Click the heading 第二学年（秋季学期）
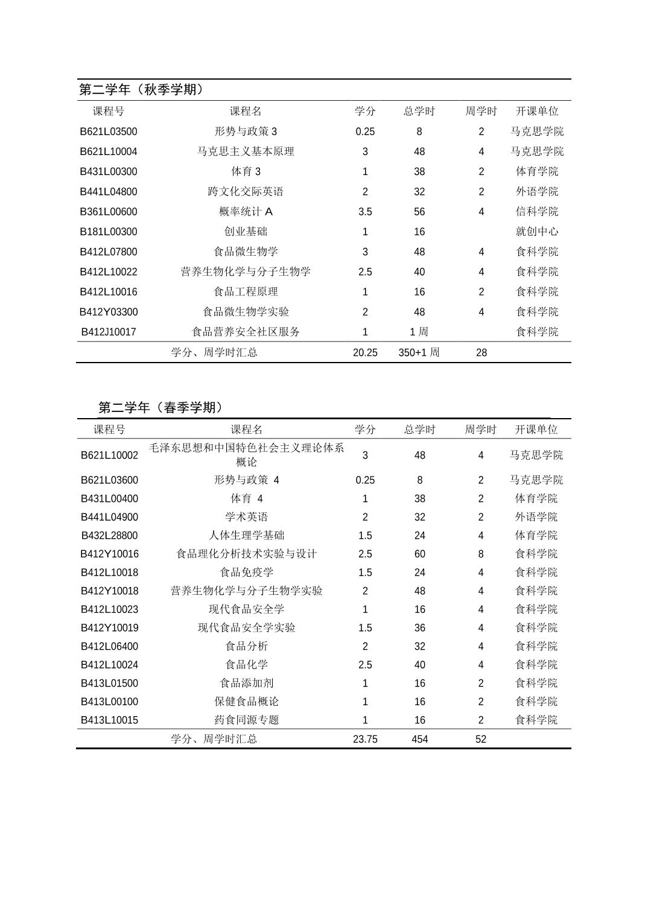click(142, 90)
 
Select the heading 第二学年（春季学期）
click(160, 408)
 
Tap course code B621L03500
click(109, 132)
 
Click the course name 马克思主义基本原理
click(246, 151)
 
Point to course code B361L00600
click(109, 212)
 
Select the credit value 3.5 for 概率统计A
click(365, 212)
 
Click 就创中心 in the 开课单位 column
click(537, 232)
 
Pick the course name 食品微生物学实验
click(246, 312)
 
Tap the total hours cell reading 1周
click(419, 332)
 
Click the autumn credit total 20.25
click(365, 353)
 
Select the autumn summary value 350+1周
click(419, 353)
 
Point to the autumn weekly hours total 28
click(481, 353)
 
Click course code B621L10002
click(109, 455)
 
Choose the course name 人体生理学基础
click(246, 536)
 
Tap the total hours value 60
click(419, 554)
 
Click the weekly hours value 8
click(481, 554)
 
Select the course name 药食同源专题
click(246, 720)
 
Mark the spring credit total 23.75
click(365, 739)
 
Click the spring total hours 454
click(419, 739)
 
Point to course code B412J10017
click(109, 332)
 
